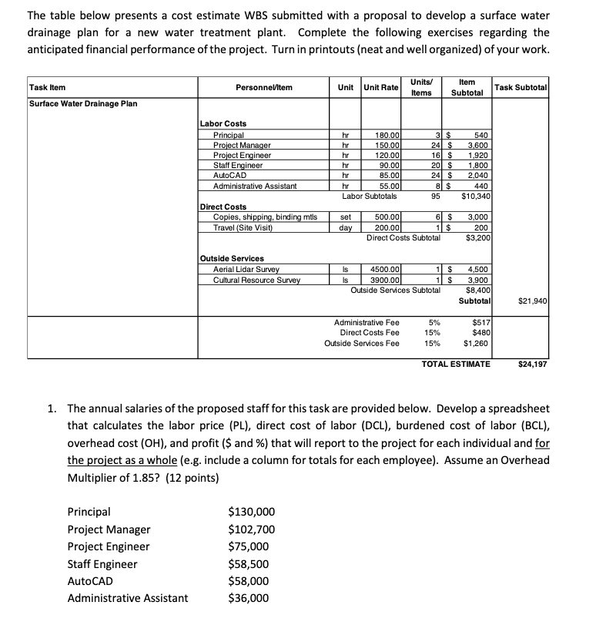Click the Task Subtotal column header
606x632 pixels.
pyautogui.click(x=521, y=87)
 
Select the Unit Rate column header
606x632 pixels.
pyautogui.click(x=380, y=87)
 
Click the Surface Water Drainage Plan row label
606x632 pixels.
pyautogui.click(x=83, y=103)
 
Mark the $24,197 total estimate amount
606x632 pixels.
pyautogui.click(x=532, y=363)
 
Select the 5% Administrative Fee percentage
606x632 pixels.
pyautogui.click(x=434, y=321)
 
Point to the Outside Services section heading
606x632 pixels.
pyautogui.click(x=232, y=258)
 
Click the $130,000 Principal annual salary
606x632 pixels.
pyautogui.click(x=251, y=512)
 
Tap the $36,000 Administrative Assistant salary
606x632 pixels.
pyautogui.click(x=249, y=598)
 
